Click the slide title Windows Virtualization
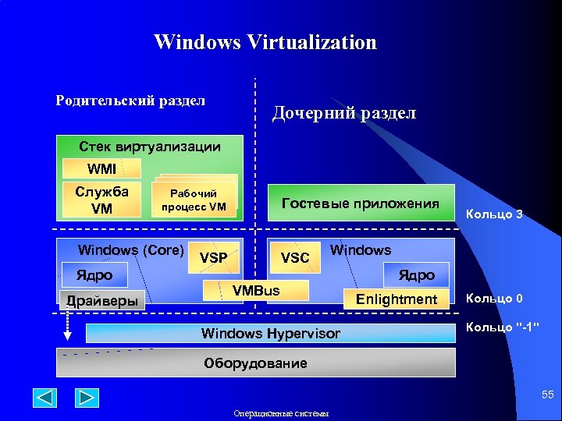[x=265, y=42]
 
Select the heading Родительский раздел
[x=131, y=101]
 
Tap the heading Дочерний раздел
[x=344, y=114]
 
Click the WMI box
[x=101, y=168]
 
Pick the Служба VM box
[x=101, y=200]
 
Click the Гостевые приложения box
[x=361, y=204]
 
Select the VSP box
[x=213, y=257]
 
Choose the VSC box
[x=295, y=257]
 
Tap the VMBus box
[x=256, y=291]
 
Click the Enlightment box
[x=397, y=299]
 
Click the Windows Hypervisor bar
[x=270, y=334]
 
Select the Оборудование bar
[x=255, y=363]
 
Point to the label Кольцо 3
[x=494, y=214]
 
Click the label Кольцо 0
[x=494, y=298]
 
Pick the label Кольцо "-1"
[x=503, y=327]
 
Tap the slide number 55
[x=548, y=396]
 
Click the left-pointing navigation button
[x=45, y=398]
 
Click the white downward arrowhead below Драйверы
[x=68, y=336]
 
